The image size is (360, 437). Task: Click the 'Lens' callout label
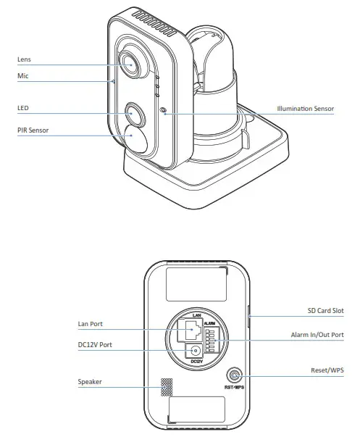[x=24, y=59]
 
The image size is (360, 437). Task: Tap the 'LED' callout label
[x=22, y=108]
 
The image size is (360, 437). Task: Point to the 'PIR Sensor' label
[x=33, y=130]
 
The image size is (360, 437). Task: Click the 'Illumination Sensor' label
[x=305, y=109]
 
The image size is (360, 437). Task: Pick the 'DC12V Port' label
[x=95, y=346]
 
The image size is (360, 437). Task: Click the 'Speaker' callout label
[x=91, y=381]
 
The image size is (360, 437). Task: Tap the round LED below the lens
[x=134, y=113]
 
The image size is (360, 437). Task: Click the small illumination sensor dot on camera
[x=162, y=112]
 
